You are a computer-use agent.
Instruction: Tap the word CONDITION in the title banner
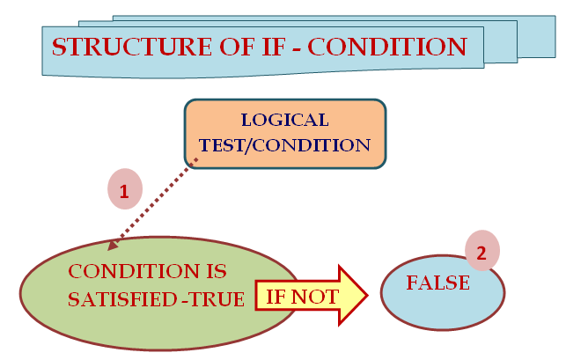(387, 47)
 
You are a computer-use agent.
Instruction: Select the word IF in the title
(274, 47)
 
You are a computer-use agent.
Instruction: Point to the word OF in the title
(237, 47)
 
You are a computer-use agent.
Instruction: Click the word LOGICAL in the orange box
(285, 120)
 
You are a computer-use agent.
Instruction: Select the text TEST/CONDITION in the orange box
(285, 145)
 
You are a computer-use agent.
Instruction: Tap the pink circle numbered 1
(125, 189)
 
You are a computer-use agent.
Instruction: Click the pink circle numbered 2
(482, 251)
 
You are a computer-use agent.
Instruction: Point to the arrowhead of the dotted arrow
(113, 246)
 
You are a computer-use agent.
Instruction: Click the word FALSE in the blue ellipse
(438, 283)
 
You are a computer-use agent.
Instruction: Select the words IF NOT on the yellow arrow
(303, 298)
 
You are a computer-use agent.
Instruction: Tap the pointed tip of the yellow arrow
(367, 296)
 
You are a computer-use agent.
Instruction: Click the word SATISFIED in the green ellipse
(122, 299)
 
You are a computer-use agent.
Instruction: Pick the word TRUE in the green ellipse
(217, 299)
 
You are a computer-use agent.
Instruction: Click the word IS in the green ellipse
(217, 271)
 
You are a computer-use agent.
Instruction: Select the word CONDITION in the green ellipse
(134, 271)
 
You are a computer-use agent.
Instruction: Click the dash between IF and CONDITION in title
(297, 48)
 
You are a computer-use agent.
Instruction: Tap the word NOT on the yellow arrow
(315, 298)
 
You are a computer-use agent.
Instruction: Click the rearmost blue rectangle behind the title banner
(537, 36)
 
